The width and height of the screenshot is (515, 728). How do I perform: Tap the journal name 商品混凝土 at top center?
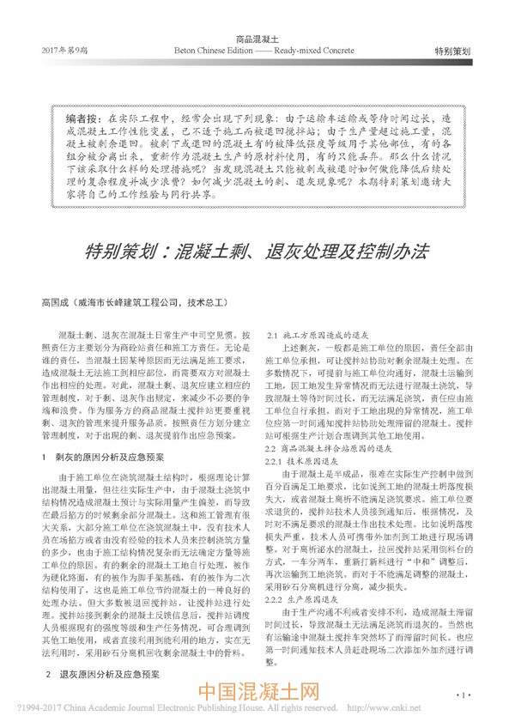257,39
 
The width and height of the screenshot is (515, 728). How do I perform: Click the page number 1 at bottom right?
463,693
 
